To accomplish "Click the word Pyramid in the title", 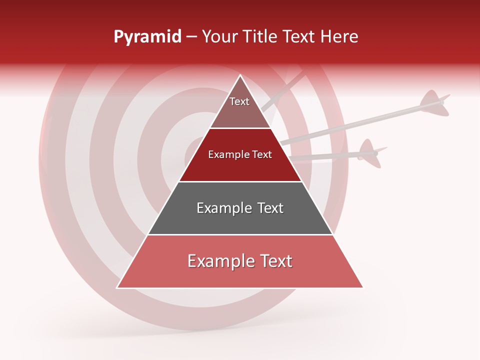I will click(x=147, y=37).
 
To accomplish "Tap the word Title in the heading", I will click(x=260, y=37).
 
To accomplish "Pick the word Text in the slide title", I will click(x=299, y=37).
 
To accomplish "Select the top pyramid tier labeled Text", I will click(x=240, y=107).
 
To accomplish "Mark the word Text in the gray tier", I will click(x=270, y=208).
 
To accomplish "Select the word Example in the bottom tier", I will click(x=218, y=261).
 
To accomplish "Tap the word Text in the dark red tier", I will click(x=262, y=154).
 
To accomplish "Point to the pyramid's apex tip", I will click(x=240, y=75).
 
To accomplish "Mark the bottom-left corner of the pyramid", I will click(x=118, y=287).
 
